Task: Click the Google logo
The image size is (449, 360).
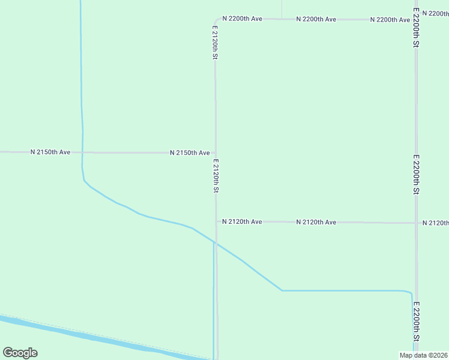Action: (x=20, y=353)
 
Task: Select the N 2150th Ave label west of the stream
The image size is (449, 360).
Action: (x=50, y=152)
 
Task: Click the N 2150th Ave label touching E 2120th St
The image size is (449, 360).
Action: (x=190, y=153)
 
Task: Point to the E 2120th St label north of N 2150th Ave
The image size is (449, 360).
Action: (x=215, y=42)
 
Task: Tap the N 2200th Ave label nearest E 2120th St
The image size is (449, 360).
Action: (x=242, y=19)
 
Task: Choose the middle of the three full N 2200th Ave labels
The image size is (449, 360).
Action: (x=316, y=19)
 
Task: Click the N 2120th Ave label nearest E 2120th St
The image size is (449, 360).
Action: (x=242, y=222)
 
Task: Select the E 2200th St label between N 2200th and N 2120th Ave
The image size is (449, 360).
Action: (x=416, y=174)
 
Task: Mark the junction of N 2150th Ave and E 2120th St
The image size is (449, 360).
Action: (x=216, y=153)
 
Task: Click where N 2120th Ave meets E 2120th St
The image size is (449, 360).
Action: (x=217, y=222)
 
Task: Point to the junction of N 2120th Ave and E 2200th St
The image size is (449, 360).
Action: (x=417, y=223)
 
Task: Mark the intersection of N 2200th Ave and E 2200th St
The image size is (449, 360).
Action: (x=416, y=19)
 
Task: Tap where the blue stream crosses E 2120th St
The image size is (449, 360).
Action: (x=216, y=244)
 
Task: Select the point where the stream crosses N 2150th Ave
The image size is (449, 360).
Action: (x=83, y=152)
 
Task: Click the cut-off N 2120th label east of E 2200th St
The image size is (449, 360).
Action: (x=435, y=223)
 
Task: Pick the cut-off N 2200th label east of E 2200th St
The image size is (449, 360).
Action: (x=435, y=13)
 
